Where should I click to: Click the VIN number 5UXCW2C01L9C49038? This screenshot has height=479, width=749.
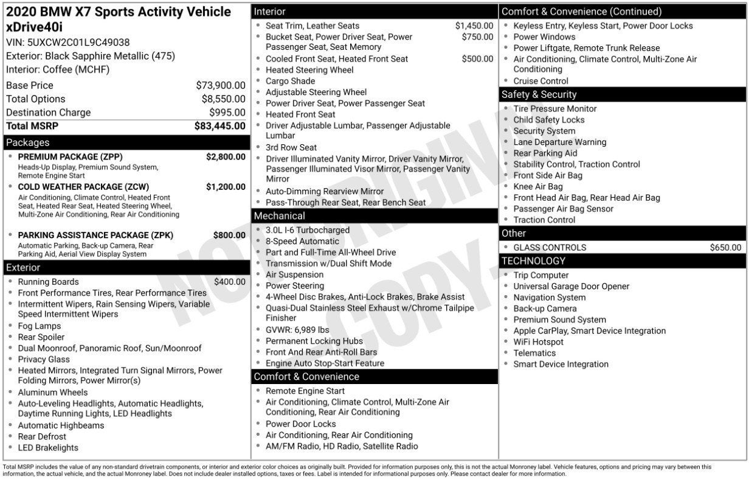[x=78, y=43]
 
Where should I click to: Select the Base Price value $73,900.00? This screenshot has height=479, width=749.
[x=221, y=86]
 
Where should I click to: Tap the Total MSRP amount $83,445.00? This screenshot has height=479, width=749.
[x=220, y=126]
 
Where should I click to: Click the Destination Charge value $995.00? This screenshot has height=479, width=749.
[x=227, y=113]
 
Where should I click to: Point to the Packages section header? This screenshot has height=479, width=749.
[x=28, y=143]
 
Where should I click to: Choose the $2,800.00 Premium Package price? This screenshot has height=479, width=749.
[x=226, y=157]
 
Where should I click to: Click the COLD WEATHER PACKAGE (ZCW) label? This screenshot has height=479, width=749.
[x=83, y=187]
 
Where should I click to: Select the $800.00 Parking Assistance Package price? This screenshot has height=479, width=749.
[x=229, y=235]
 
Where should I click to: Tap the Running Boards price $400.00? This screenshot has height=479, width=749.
[x=230, y=282]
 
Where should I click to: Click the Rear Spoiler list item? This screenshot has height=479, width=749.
[x=41, y=337]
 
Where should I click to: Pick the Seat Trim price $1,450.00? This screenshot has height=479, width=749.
[x=474, y=26]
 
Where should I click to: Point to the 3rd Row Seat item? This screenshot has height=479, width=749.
[x=291, y=147]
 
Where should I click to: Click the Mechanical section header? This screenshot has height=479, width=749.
[x=280, y=216]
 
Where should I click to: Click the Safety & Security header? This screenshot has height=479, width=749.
[x=539, y=94]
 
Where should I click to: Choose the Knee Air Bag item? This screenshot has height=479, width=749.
[x=538, y=187]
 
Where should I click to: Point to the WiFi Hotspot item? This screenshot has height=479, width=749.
[x=538, y=342]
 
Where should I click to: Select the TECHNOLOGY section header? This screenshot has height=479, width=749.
[x=533, y=261]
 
